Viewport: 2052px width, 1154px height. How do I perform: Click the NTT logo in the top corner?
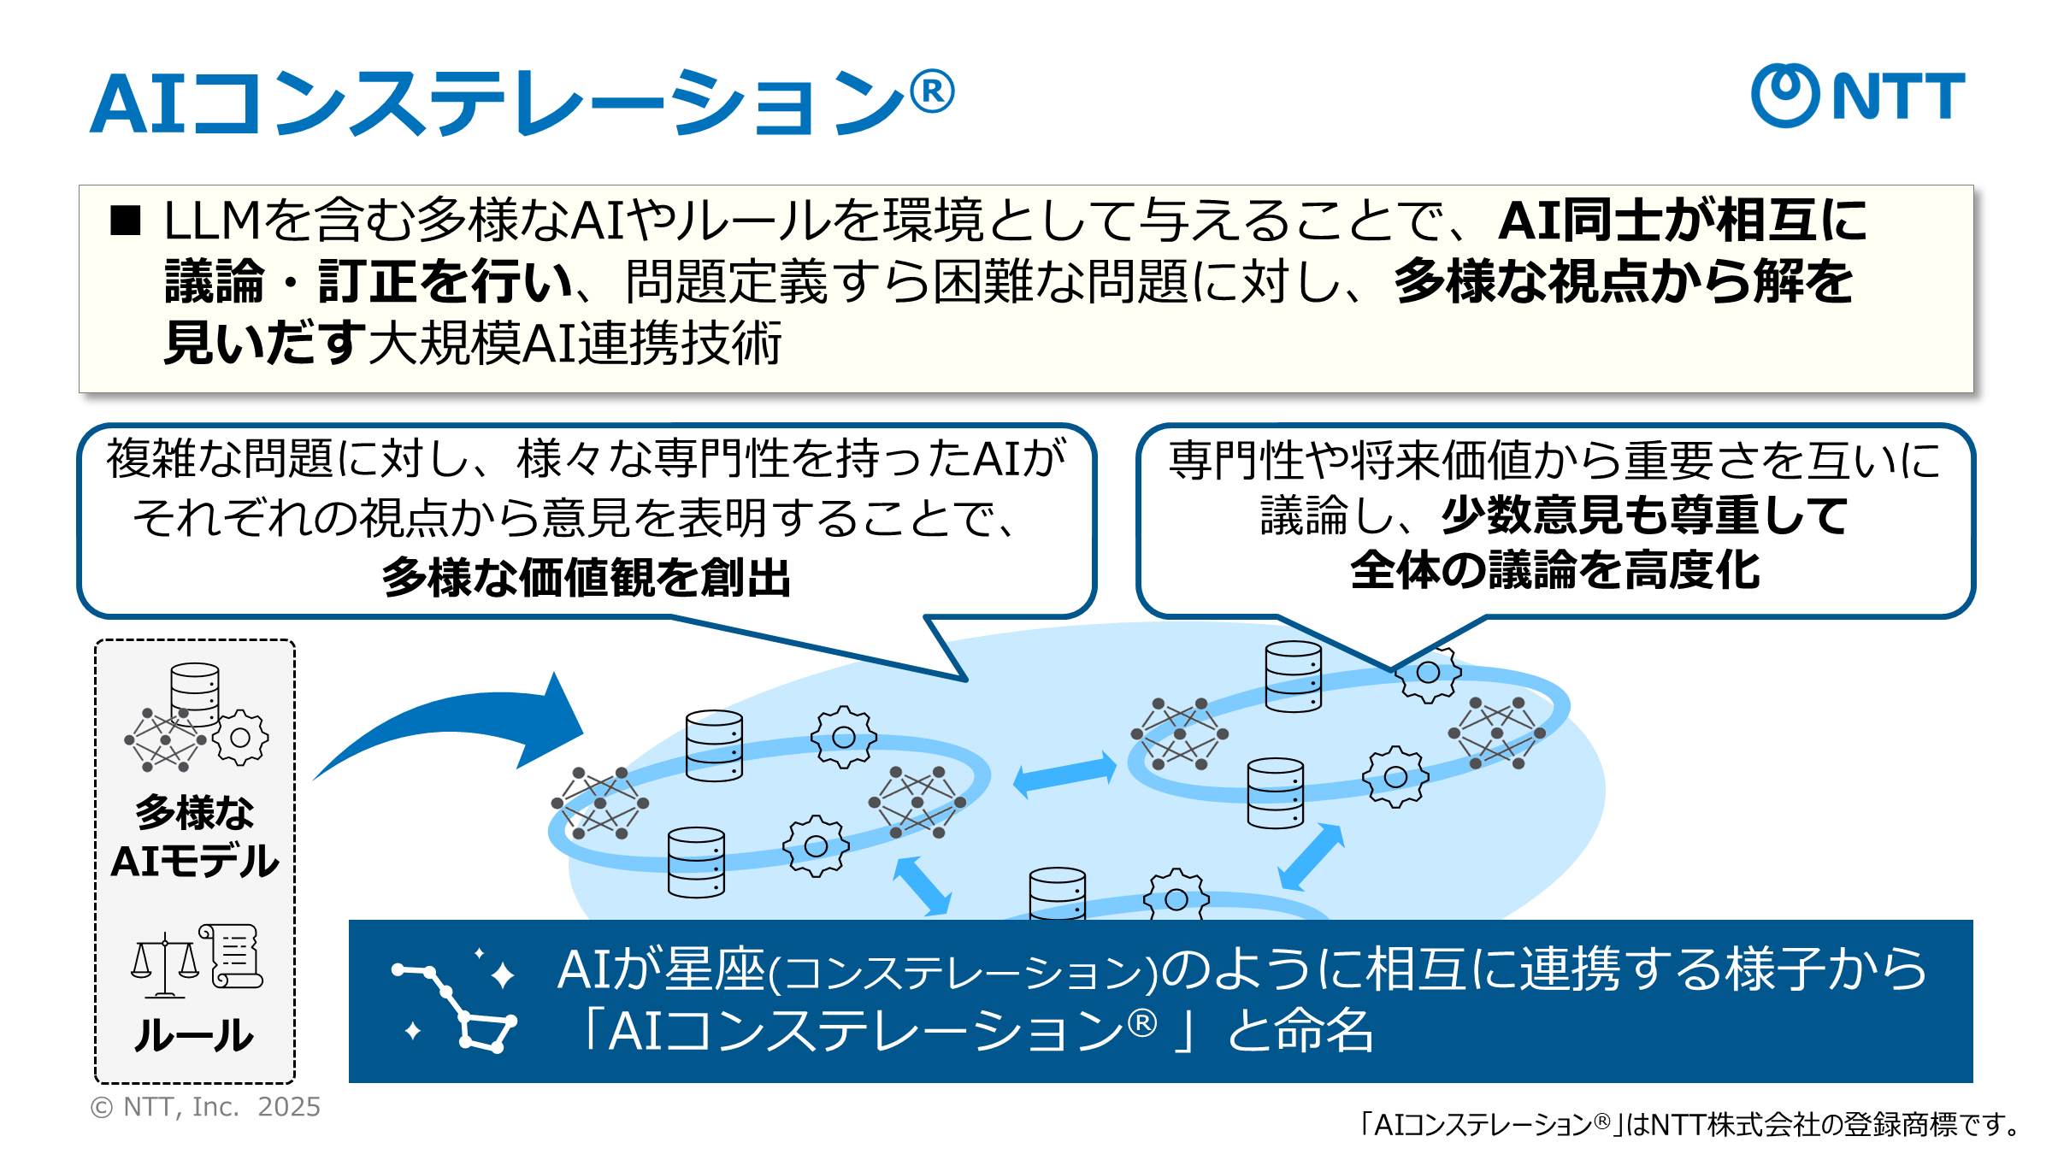(x=1857, y=96)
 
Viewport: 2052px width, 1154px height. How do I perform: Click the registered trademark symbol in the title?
(x=932, y=92)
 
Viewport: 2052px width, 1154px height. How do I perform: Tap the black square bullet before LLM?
(x=125, y=221)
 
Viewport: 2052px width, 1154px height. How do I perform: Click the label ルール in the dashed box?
(x=194, y=1035)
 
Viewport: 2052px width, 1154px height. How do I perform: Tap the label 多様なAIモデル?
(x=195, y=836)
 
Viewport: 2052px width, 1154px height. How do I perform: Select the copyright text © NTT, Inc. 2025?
(x=205, y=1107)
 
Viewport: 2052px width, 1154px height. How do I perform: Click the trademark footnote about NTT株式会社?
(x=1690, y=1124)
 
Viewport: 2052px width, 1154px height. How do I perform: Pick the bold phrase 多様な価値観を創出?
(x=587, y=577)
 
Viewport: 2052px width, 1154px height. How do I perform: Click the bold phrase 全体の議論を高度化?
(x=1555, y=570)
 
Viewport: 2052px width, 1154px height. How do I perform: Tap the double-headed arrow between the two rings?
(x=1064, y=774)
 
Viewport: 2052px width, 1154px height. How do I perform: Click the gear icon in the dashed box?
(x=240, y=737)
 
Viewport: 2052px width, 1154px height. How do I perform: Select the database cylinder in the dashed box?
(x=195, y=693)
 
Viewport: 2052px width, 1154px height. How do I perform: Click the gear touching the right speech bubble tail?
(x=1428, y=674)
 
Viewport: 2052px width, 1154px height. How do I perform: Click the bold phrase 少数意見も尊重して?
(x=1645, y=515)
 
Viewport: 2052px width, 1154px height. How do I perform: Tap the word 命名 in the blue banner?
(x=1324, y=1031)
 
